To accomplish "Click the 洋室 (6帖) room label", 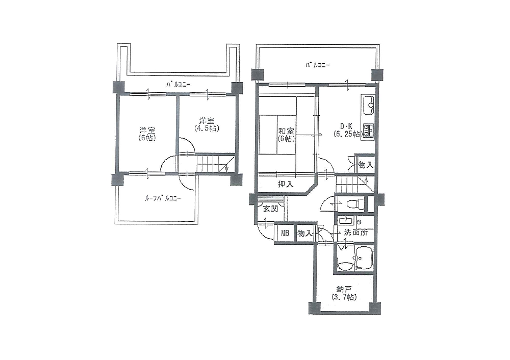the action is [147, 134].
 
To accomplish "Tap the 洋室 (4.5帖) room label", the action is [207, 124].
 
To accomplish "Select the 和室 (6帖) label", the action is [286, 135].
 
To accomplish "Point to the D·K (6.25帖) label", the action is [347, 130].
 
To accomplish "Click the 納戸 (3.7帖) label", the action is [344, 293].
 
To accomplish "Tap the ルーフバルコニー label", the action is [163, 198].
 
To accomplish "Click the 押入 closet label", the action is [286, 185].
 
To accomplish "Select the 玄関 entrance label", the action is [271, 209].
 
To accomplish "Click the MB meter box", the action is [285, 233].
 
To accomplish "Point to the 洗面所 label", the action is [356, 233].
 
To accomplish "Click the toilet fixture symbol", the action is [355, 204].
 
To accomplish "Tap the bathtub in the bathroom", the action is [364, 259].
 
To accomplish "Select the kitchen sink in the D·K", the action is [368, 105].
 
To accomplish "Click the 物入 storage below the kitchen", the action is [366, 165].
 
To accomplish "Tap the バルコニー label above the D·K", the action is [317, 65].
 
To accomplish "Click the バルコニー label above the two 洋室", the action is [178, 85].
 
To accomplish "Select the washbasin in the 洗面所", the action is [345, 220].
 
